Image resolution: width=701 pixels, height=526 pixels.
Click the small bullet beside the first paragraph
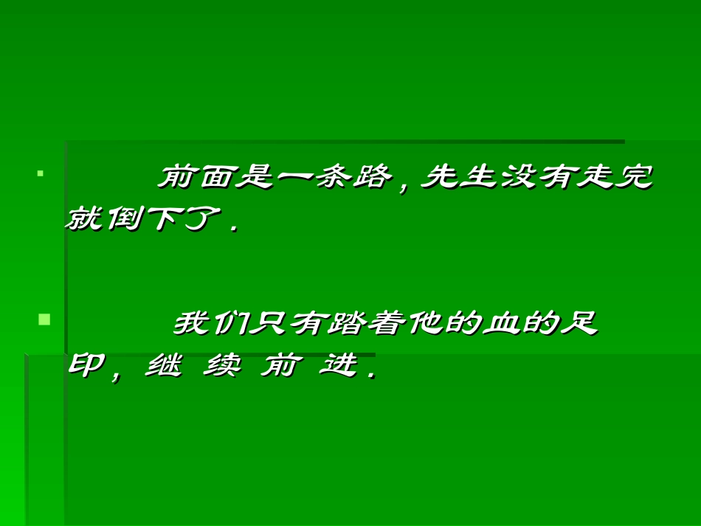click(x=40, y=175)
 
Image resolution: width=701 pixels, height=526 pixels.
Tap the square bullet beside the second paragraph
click(x=44, y=319)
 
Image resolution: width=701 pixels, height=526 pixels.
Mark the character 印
click(x=86, y=365)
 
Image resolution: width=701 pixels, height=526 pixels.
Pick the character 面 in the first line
click(x=213, y=178)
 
